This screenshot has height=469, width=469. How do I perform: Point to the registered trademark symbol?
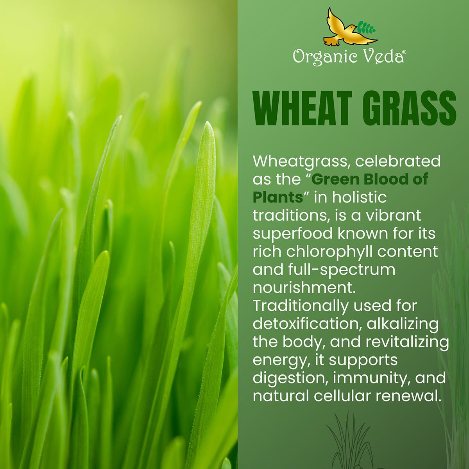tap(404, 52)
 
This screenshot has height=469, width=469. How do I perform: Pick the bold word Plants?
tap(278, 197)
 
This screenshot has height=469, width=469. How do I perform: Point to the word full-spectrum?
tap(342, 270)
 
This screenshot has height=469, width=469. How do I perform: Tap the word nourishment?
tap(304, 288)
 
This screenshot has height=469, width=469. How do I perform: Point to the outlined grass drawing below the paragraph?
tap(351, 440)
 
